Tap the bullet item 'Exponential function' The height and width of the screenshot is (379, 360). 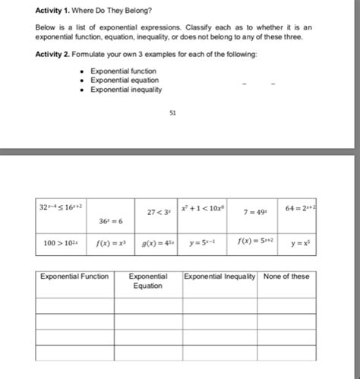point(123,71)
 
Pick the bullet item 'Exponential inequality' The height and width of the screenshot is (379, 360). point(126,89)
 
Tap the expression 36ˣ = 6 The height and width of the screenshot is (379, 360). point(110,220)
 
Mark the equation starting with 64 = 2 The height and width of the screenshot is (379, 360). point(300,207)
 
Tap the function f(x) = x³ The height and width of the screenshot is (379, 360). point(110,245)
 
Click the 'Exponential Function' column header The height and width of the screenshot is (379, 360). point(74,276)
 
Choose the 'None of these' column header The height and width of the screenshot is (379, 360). point(286,276)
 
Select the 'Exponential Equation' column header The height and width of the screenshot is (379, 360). point(148,281)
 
